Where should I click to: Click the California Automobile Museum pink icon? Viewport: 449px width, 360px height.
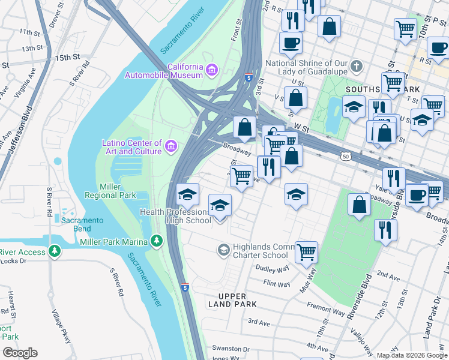(x=211, y=71)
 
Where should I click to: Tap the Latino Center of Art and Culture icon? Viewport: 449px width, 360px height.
(x=171, y=146)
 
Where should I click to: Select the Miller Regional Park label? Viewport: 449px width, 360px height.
(x=110, y=191)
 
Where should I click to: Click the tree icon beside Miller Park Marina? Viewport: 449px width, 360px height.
(x=157, y=241)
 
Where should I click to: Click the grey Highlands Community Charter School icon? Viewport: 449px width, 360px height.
(x=223, y=249)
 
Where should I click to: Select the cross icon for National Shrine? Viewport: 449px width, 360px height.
(x=357, y=65)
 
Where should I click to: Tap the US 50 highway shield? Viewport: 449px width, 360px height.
(x=345, y=157)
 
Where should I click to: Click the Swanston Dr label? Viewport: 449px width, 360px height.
(x=229, y=349)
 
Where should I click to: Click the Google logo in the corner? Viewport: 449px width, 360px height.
(x=20, y=353)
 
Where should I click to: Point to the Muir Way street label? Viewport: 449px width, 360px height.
(x=312, y=280)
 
